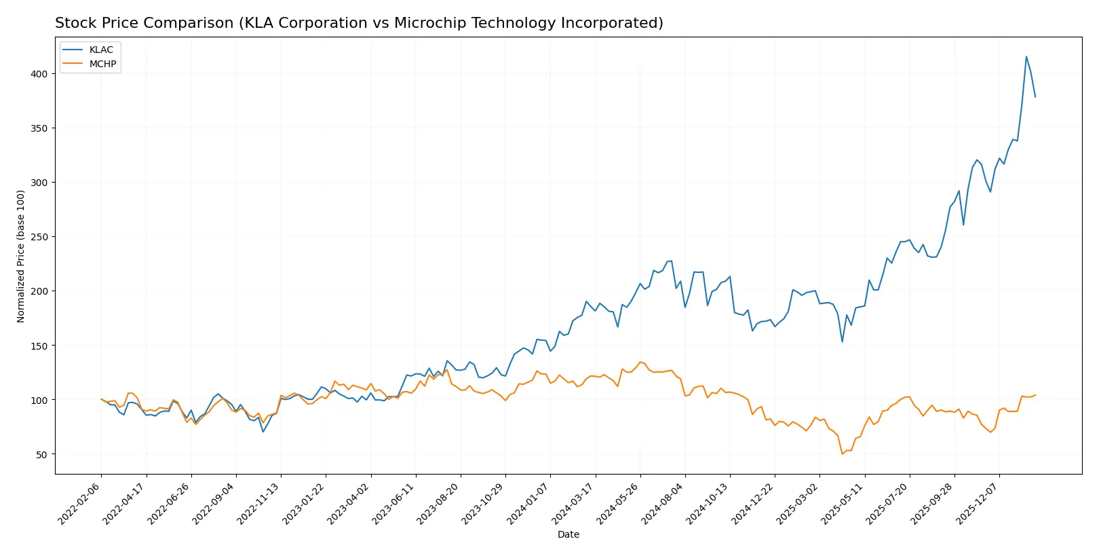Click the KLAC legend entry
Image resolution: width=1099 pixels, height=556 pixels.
click(x=101, y=50)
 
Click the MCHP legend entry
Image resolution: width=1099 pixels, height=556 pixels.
click(x=102, y=64)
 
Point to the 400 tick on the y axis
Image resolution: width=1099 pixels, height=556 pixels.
click(x=39, y=73)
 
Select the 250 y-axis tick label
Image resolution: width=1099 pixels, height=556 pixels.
click(x=39, y=237)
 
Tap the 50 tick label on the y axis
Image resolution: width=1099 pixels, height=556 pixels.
click(x=42, y=454)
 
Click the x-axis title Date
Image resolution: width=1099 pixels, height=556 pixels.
click(x=568, y=534)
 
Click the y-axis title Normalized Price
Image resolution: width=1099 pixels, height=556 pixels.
click(x=21, y=256)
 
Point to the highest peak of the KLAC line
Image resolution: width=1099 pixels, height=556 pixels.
click(x=1026, y=56)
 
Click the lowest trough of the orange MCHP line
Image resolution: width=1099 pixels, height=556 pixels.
click(x=842, y=453)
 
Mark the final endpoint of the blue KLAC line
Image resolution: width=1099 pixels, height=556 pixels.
click(x=1035, y=96)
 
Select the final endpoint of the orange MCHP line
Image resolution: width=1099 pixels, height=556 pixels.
click(x=1035, y=395)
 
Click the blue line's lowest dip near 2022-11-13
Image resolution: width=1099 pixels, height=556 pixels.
click(x=263, y=432)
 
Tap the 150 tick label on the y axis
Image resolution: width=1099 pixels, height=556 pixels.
click(x=39, y=346)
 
